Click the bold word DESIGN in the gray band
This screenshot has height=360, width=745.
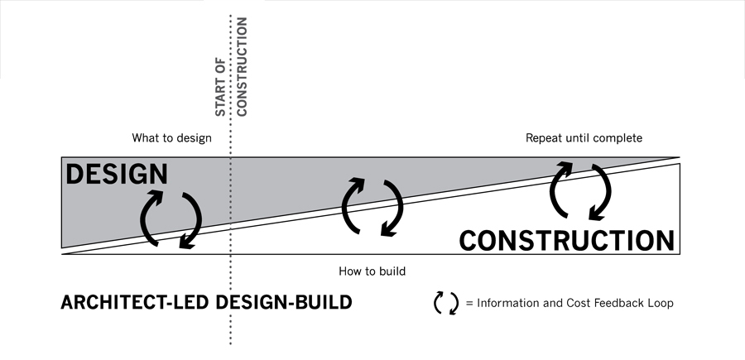116,175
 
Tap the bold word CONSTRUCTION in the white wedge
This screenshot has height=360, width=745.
567,240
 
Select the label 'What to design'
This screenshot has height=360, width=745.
171,137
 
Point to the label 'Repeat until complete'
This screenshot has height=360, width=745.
584,137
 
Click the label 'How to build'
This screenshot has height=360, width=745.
372,271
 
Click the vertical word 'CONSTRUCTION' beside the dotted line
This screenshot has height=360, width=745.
242,65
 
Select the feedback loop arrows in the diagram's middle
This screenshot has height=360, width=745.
372,206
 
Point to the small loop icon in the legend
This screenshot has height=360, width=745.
446,304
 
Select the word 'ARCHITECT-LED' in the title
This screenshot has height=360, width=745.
136,303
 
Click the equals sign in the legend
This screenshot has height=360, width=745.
469,304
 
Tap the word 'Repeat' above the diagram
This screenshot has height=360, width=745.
543,137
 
